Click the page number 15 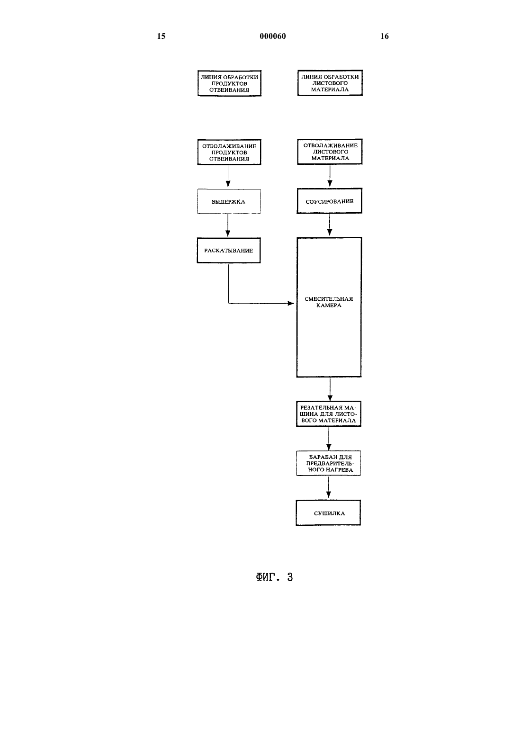[x=161, y=36]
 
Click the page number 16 [x=385, y=36]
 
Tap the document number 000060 [x=273, y=36]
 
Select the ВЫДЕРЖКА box [x=229, y=201]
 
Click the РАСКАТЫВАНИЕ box [x=229, y=251]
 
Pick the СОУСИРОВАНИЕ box [x=330, y=201]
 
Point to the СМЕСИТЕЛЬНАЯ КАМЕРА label [x=329, y=302]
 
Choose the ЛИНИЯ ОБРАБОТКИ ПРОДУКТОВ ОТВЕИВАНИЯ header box [x=230, y=83]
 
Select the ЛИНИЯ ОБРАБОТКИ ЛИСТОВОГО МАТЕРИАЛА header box [x=330, y=83]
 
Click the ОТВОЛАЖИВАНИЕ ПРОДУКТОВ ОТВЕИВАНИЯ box [x=229, y=152]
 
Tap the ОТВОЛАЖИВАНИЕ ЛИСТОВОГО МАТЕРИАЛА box [x=330, y=152]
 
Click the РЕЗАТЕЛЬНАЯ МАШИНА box [x=329, y=414]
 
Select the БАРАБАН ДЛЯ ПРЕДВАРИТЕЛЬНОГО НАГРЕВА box [x=329, y=463]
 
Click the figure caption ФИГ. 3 [x=274, y=577]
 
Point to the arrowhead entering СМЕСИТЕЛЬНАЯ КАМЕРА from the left [x=291, y=303]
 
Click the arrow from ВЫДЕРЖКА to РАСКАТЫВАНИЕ [x=228, y=225]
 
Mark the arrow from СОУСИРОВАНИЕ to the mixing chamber [x=330, y=225]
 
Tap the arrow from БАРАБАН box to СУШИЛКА [x=329, y=487]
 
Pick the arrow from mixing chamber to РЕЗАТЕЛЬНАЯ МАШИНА [x=330, y=389]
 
